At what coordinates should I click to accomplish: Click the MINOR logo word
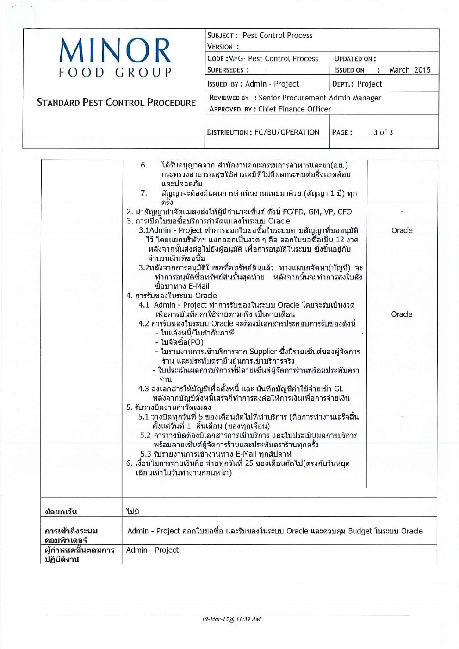tap(115, 50)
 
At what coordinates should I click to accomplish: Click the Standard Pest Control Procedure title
tap(116, 103)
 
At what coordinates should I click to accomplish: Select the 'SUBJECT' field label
tap(223, 36)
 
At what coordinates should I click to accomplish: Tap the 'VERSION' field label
tap(221, 47)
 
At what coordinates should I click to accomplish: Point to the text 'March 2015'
tap(409, 70)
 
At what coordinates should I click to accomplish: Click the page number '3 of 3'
tap(383, 132)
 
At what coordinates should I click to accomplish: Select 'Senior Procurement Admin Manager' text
tap(320, 98)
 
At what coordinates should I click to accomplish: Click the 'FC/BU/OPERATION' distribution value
tap(287, 132)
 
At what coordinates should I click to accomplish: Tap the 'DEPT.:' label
tap(343, 84)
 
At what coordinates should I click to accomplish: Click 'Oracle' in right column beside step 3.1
tap(402, 230)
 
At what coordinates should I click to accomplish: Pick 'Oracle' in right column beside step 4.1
tap(402, 314)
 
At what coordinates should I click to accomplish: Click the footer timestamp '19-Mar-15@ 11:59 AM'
tap(231, 619)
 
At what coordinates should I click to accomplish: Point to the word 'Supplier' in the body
tap(263, 352)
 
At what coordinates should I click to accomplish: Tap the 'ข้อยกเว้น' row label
tap(61, 512)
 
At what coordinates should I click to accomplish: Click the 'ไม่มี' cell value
tap(132, 512)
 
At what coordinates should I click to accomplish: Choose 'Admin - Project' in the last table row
tap(152, 550)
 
